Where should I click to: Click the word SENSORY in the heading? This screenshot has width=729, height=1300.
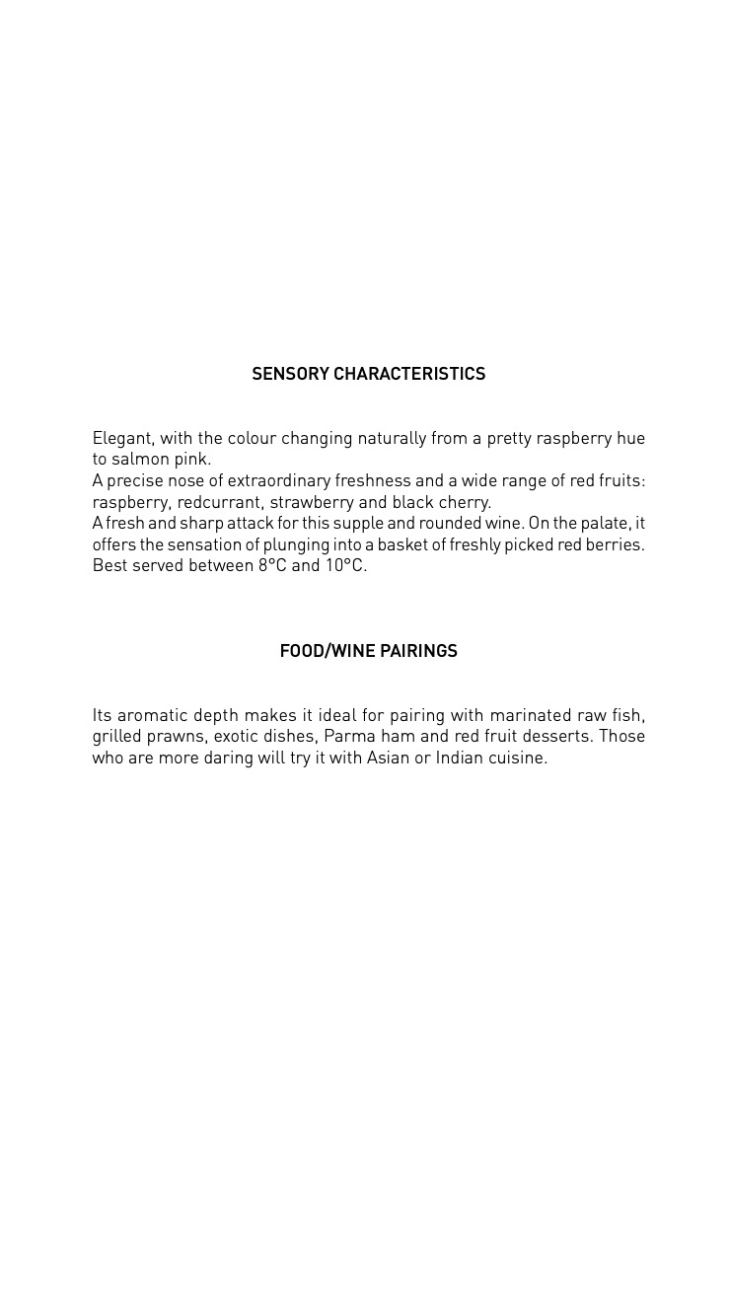(x=290, y=374)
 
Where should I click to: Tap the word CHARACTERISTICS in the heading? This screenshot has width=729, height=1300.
(x=409, y=374)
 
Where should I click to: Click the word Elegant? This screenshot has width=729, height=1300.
(x=122, y=438)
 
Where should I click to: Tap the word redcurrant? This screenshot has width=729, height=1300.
(x=220, y=502)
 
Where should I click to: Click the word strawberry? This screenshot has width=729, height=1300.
(x=312, y=502)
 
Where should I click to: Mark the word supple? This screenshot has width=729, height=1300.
(x=358, y=524)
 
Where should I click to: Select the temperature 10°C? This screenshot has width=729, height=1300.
(x=345, y=566)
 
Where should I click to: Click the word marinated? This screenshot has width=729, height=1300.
(x=531, y=715)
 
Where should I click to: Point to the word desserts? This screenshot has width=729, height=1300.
(x=555, y=737)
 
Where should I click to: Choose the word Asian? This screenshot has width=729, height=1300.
(x=388, y=758)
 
